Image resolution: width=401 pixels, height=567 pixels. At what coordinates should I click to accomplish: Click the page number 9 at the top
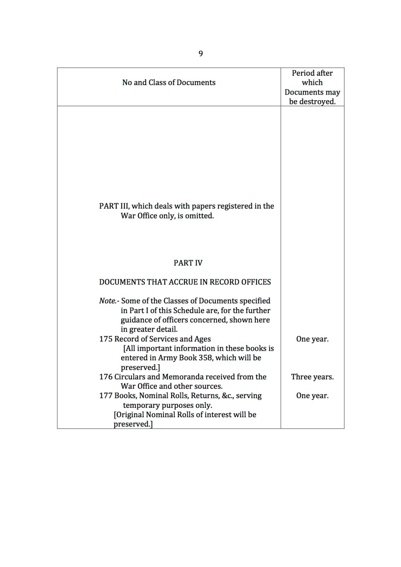coord(200,53)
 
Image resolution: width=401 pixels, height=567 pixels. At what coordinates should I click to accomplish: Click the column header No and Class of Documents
coord(169,82)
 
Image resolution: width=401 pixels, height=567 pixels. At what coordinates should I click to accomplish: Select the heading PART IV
coord(188,263)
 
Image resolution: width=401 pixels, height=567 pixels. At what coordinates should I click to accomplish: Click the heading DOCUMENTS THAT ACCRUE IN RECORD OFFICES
coord(185,282)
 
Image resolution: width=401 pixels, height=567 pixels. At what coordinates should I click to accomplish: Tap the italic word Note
coord(107,301)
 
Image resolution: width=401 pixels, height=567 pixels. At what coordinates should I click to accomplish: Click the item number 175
coord(106,339)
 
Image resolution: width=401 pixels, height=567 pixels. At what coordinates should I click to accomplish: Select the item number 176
coord(106,377)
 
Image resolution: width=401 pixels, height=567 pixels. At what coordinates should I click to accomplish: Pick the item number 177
coord(106,396)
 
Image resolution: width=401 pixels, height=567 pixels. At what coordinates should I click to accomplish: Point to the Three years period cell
coord(312,377)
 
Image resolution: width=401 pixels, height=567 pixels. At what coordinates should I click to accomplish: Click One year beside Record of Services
coord(312,339)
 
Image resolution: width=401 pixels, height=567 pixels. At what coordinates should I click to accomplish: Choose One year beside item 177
coord(312,396)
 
